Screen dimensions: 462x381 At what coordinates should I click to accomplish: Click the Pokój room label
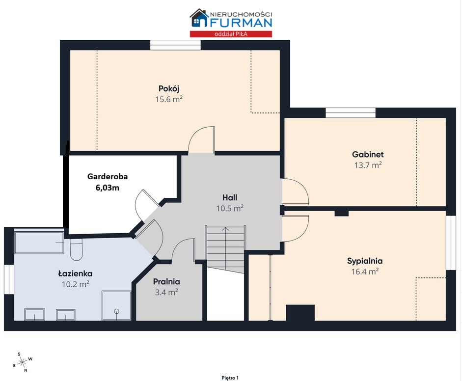coord(169,89)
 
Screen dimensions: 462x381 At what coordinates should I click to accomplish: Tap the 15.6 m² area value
coord(169,99)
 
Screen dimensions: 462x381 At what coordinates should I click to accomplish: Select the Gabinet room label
coord(368,154)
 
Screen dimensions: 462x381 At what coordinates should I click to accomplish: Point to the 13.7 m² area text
coord(368,165)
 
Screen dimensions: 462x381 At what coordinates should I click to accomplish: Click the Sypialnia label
coord(365,261)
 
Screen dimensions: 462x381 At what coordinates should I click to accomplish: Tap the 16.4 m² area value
coord(365,272)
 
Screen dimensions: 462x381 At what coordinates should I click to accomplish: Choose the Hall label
coord(230,197)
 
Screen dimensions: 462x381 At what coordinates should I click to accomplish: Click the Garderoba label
coord(108,176)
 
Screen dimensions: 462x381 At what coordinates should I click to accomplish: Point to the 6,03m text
coord(108,188)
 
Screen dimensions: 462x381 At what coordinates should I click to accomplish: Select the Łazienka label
coord(76,273)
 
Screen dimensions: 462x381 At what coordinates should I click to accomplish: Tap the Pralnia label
coord(166,282)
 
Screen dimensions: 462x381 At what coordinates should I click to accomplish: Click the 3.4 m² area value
coord(166,292)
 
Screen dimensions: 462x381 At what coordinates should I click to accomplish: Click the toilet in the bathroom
coord(76,250)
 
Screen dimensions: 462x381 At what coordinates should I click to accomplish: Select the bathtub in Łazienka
coord(39,243)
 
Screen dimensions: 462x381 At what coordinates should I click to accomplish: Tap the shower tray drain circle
coord(117,311)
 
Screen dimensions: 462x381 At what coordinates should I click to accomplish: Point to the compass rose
coord(23,362)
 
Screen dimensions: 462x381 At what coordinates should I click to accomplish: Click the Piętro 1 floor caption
coord(230,378)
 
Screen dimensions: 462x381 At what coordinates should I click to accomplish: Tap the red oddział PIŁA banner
coord(231,34)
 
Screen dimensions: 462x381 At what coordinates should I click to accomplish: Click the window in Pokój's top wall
coord(175,45)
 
